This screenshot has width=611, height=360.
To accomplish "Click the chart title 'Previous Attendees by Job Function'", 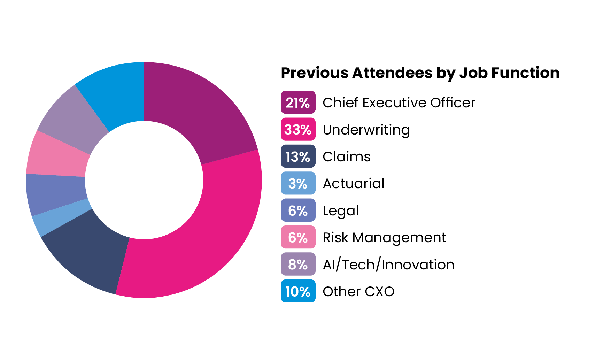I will click(420, 73).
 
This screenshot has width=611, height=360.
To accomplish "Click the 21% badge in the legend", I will click(298, 102).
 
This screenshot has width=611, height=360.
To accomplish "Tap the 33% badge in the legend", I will click(298, 129).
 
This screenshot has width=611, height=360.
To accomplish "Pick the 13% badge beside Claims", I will click(298, 156).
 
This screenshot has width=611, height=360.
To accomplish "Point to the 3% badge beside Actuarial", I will click(298, 183).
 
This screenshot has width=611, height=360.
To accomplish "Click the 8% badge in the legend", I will click(298, 264).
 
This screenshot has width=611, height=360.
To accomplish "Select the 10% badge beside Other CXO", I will click(298, 291).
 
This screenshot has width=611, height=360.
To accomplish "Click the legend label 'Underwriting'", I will click(366, 130).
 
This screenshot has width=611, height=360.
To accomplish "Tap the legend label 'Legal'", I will click(340, 210).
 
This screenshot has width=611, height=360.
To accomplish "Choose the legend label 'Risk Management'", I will click(384, 238).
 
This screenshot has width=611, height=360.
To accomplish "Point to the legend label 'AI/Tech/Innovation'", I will click(388, 265).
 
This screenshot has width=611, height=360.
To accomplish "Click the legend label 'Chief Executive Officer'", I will click(399, 102).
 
